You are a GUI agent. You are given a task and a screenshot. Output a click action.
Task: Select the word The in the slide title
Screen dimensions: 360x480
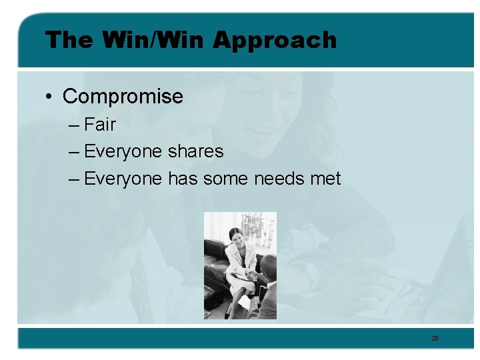[x=69, y=40]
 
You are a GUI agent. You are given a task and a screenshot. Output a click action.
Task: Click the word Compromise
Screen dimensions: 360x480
[x=123, y=97]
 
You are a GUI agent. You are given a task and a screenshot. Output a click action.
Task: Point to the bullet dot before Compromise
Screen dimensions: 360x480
[x=50, y=97]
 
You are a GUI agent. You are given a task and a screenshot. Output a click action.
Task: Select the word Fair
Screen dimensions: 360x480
[x=101, y=125]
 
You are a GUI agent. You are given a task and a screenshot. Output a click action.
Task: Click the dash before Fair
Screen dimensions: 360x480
[x=73, y=125]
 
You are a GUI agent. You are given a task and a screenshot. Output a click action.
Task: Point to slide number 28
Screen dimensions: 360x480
[x=435, y=339]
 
